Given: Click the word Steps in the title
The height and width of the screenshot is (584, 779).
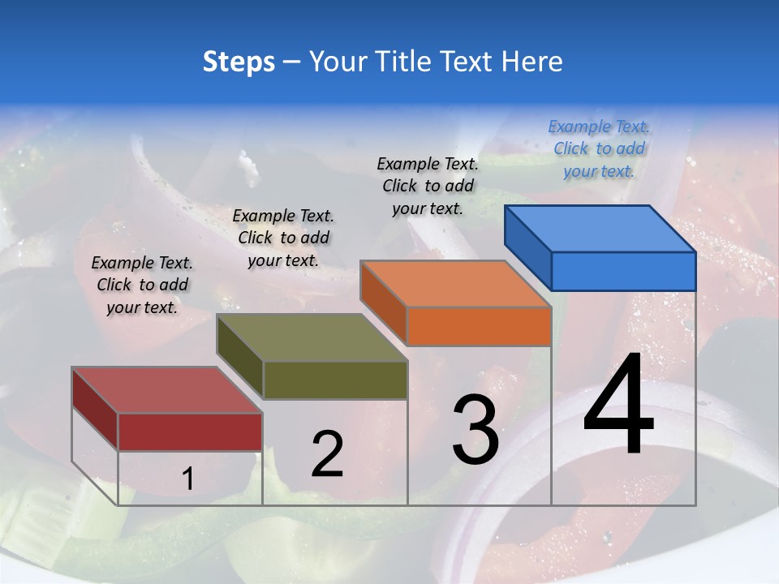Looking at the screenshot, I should [239, 62].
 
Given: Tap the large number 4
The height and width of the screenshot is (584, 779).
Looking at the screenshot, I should [618, 405].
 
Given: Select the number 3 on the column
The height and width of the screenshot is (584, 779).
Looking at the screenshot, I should [476, 429].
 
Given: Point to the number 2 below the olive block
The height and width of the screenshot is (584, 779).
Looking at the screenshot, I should [327, 454].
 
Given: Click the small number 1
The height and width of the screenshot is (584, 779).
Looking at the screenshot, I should [187, 479].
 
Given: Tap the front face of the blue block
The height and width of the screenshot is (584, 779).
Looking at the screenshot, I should [623, 271].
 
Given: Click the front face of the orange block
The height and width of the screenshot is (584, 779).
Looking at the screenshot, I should [479, 326].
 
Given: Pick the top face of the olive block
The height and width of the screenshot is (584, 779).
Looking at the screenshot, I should [312, 337].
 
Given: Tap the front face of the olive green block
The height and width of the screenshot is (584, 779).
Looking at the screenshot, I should [335, 380].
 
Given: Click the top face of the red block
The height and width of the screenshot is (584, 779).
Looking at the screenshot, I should [166, 390].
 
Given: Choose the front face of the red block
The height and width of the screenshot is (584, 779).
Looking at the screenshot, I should [190, 432].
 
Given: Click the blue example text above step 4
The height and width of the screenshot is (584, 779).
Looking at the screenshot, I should [599, 148].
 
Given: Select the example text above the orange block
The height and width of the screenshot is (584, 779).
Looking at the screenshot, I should [428, 186].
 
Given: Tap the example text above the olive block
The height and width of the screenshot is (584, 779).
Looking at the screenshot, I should [283, 238].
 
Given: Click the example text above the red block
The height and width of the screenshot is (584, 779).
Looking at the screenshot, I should [142, 285].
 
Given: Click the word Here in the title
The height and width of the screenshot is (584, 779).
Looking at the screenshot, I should [532, 62].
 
